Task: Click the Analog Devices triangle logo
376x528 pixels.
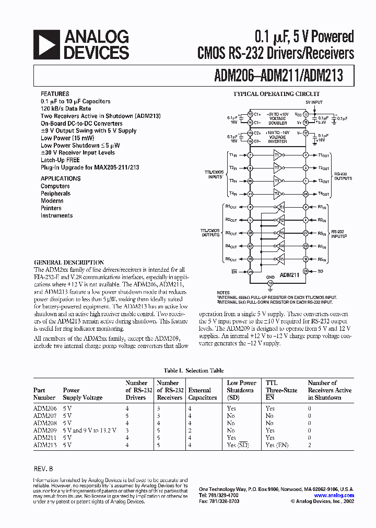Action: (48, 44)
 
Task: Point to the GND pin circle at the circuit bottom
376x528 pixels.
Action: (270, 282)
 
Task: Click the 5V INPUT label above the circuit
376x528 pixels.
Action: (314, 103)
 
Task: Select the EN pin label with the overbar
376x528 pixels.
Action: (235, 271)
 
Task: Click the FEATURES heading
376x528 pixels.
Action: (54, 94)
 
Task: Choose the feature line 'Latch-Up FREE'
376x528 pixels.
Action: (60, 160)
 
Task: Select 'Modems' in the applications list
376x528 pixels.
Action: (52, 200)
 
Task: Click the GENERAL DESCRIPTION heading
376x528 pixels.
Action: (69, 262)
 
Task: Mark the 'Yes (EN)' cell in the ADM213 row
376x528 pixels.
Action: (277, 445)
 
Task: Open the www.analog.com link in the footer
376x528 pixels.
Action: (334, 495)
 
